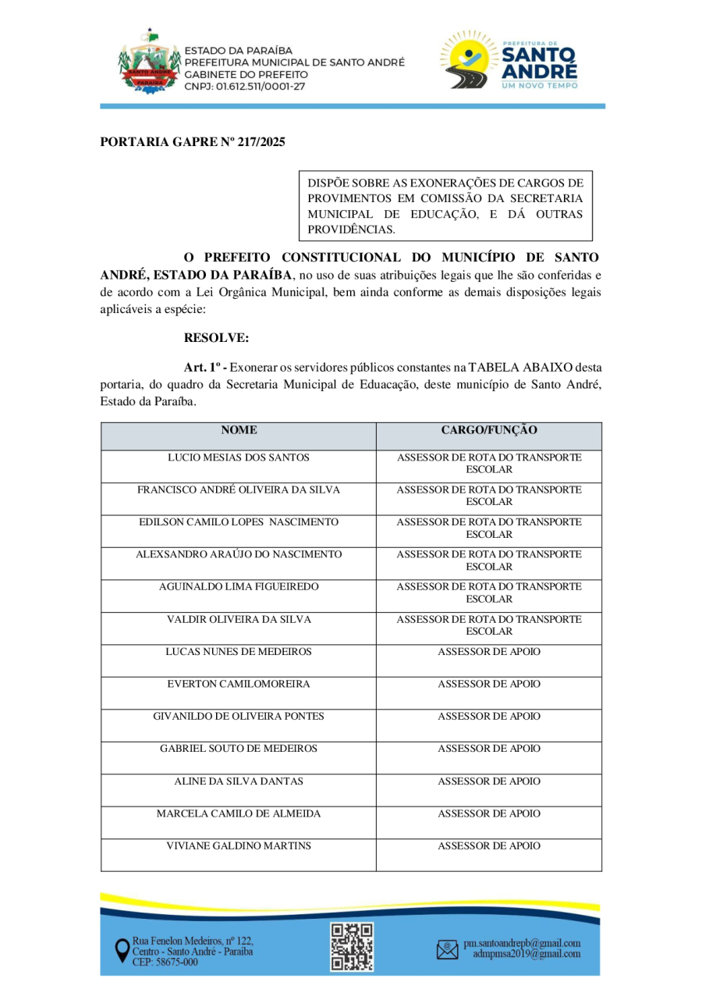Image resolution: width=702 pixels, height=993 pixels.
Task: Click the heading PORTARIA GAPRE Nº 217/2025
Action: coord(193,142)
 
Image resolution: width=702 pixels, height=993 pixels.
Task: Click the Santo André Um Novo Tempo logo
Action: coord(509,60)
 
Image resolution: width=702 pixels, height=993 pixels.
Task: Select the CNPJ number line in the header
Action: coord(245,86)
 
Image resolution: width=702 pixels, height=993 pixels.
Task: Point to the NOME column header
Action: coord(238,430)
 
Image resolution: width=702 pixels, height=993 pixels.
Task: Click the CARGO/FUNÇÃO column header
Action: coord(488,430)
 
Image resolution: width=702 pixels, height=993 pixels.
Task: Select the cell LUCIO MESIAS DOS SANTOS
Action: coord(238,457)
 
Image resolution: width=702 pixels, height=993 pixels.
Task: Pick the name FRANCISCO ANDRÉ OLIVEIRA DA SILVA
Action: coord(238,490)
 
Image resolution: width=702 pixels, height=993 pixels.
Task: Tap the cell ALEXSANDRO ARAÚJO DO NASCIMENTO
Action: coord(238,554)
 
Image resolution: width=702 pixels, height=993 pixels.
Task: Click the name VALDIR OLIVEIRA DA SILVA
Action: coord(238,619)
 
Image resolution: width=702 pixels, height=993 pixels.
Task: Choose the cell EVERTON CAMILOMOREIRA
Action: coord(238,684)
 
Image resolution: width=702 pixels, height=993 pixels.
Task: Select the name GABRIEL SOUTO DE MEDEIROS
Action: coord(238,749)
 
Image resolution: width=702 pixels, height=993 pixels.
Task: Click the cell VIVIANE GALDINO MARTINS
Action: coord(238,845)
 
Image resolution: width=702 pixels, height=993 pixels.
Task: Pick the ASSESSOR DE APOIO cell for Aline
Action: coord(488,781)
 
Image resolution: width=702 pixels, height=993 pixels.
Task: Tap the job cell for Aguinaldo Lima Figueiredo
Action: coord(488,593)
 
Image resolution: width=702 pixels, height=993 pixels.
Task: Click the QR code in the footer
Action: coord(352,946)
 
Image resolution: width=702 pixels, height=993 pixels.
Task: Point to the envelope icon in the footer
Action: coord(447,949)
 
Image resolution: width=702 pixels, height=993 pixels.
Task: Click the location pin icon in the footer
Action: coord(122,950)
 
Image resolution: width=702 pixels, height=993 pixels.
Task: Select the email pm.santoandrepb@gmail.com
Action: coord(521,943)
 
